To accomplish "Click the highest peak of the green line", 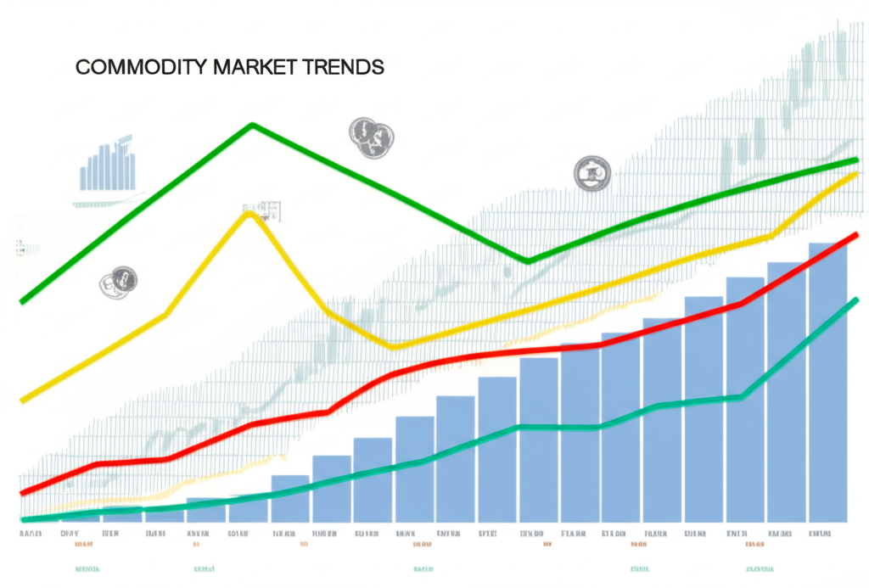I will (x=252, y=126).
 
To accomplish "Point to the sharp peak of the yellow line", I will (x=248, y=214).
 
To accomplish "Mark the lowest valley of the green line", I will (x=528, y=260).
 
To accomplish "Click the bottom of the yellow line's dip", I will (x=395, y=346).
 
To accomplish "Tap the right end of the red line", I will (x=855, y=234).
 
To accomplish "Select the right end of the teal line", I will (x=855, y=300).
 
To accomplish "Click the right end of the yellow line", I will (x=855, y=173).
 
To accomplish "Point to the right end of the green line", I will (x=855, y=160).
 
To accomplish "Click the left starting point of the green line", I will (x=23, y=300).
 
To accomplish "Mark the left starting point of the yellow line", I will (x=23, y=400).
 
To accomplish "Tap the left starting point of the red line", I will (x=23, y=492).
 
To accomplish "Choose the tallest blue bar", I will (x=827, y=382).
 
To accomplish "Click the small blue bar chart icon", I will (x=108, y=165).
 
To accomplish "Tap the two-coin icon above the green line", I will (x=372, y=137).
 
